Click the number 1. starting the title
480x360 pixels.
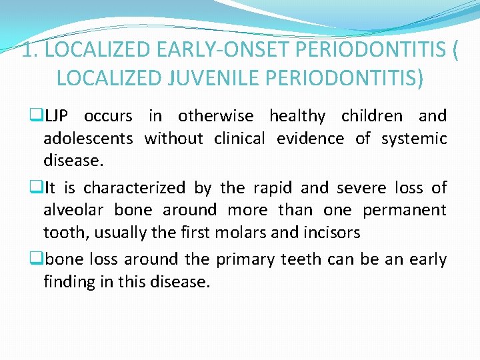pos(29,51)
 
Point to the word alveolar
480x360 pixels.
pos(71,210)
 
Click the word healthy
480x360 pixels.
pos(297,116)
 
